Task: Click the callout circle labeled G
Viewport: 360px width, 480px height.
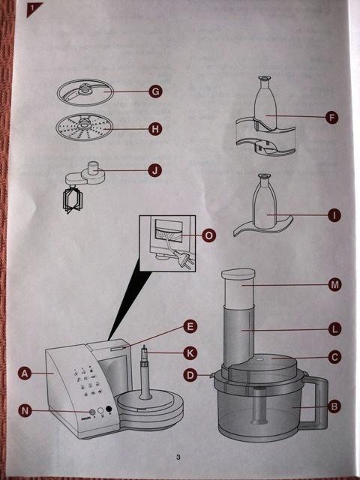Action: point(155,91)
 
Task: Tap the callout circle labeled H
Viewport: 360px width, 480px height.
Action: point(155,129)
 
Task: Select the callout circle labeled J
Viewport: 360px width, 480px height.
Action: point(155,170)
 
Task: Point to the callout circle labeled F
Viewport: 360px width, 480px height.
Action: point(331,117)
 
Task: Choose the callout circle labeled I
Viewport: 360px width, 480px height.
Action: point(334,215)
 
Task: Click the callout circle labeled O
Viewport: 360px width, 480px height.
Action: point(209,235)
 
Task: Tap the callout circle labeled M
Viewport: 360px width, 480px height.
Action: point(334,285)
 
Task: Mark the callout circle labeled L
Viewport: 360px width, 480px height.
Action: point(334,329)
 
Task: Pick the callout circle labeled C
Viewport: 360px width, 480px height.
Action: point(334,357)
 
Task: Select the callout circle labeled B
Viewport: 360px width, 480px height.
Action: point(334,406)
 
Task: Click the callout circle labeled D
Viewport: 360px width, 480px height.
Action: point(190,375)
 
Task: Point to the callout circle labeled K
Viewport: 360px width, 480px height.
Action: point(190,353)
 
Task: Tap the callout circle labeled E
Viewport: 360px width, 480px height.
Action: point(190,327)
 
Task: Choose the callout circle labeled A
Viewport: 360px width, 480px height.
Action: point(25,373)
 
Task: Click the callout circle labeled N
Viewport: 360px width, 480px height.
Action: point(25,410)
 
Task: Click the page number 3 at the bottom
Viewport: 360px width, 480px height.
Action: point(178,457)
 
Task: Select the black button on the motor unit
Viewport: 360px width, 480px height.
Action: point(109,408)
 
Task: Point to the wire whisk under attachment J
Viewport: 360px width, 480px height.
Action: point(72,199)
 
